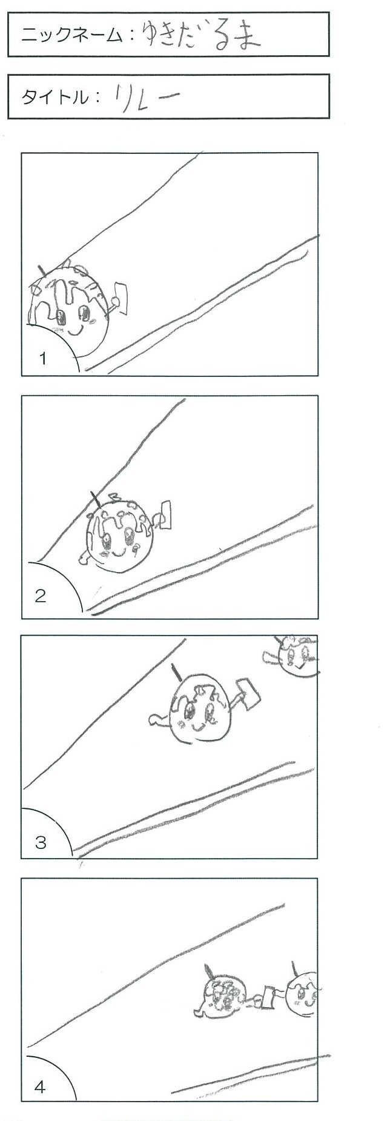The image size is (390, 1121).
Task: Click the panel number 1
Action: click(x=42, y=358)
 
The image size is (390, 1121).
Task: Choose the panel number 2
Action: click(x=41, y=596)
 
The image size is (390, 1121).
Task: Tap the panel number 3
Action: click(x=41, y=842)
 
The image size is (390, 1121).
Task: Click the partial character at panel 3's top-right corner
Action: click(x=293, y=654)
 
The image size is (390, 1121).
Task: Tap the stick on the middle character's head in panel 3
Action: click(x=176, y=673)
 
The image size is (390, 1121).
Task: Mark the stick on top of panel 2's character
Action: click(x=96, y=499)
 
